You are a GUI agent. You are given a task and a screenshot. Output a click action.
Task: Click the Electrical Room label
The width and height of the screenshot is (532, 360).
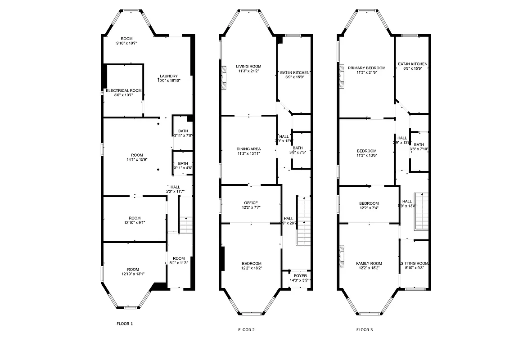tap(124, 90)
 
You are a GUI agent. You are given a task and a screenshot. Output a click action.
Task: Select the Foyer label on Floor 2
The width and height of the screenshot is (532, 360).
tap(300, 275)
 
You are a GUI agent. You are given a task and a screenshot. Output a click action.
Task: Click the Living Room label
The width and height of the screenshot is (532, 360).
tap(248, 66)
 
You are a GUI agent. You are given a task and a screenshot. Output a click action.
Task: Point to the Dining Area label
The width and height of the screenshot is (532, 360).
tap(248, 148)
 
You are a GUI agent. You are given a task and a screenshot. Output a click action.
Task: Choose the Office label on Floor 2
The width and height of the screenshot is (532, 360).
tap(251, 202)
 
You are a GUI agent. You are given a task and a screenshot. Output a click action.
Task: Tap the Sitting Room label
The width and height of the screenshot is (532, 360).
tap(414, 263)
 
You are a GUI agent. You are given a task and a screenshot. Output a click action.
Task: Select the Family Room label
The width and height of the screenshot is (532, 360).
tap(369, 263)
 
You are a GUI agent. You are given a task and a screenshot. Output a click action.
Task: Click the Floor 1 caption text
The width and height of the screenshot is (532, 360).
tap(125, 324)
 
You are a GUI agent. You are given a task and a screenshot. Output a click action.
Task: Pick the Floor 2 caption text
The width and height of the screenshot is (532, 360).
tap(246, 330)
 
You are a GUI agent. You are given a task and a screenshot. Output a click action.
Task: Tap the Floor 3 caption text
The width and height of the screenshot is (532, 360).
tap(364, 330)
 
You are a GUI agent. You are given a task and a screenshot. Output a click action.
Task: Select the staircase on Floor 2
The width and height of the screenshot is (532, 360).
tap(304, 220)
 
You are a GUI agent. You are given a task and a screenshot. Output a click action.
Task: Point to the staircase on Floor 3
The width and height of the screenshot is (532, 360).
tap(421, 211)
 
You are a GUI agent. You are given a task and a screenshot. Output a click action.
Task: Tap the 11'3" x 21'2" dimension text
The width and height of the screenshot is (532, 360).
tap(248, 71)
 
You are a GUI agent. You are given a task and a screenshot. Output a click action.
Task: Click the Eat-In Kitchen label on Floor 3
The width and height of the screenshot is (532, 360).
tap(412, 64)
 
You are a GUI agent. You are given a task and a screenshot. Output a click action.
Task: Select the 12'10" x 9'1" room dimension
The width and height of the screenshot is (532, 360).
tap(134, 222)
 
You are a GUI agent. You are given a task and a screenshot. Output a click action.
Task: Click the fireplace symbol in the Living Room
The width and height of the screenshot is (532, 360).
tap(224, 75)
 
